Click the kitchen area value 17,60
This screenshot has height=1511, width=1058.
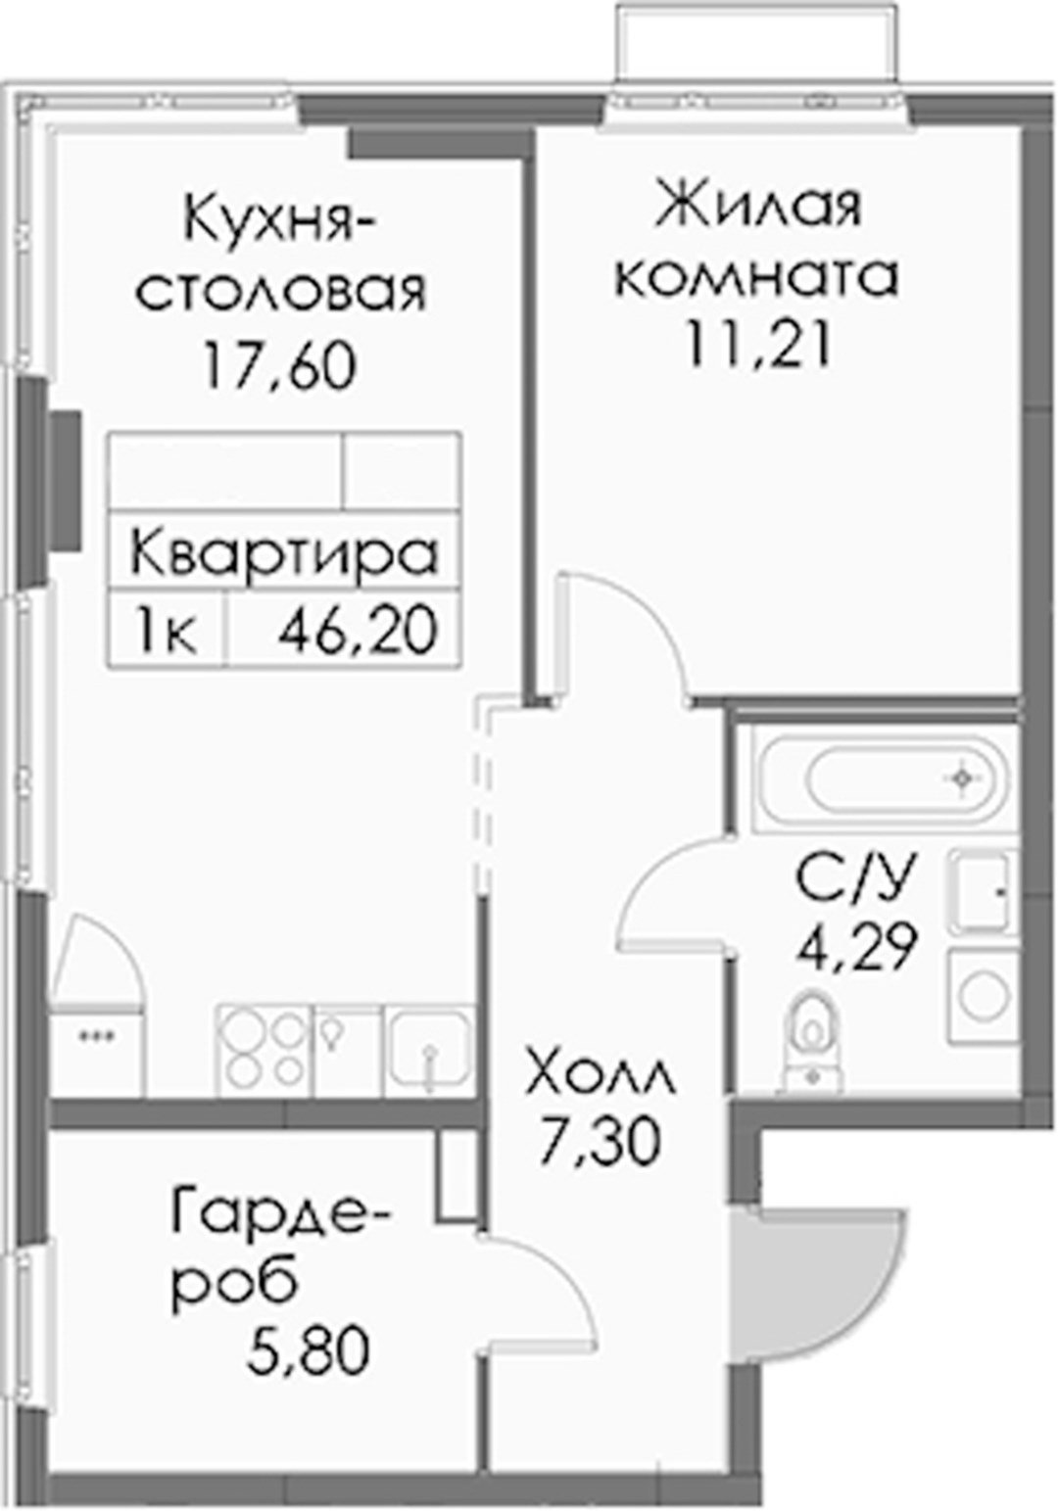[x=280, y=365]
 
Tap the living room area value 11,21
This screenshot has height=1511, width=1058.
[x=756, y=344]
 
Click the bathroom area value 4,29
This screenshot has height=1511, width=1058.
[x=856, y=946]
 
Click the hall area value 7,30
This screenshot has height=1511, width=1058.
[x=600, y=1143]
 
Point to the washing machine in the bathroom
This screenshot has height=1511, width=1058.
[x=983, y=996]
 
